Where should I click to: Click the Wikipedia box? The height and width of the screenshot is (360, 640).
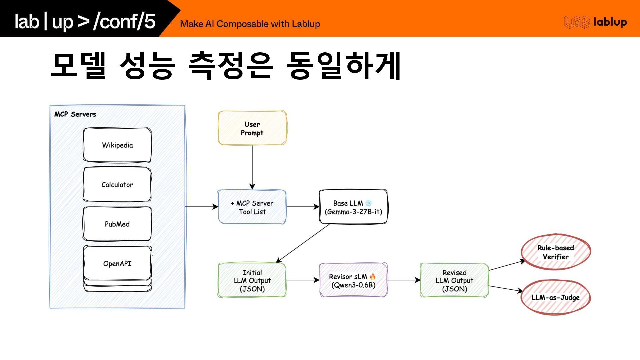(117, 145)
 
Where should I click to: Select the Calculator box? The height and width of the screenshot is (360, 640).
(117, 184)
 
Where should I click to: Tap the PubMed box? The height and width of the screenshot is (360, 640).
(117, 224)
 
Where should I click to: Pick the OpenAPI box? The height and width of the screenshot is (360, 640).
(117, 263)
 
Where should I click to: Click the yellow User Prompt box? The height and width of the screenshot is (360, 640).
(252, 128)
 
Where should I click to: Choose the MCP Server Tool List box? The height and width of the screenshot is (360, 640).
(252, 207)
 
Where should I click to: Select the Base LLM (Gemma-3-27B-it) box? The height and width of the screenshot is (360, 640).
(353, 207)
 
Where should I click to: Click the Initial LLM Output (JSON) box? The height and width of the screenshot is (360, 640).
(252, 280)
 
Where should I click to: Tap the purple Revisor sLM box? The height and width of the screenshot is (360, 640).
(353, 280)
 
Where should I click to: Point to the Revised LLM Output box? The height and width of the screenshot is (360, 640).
(454, 280)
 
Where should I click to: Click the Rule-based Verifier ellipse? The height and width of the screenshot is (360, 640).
(555, 252)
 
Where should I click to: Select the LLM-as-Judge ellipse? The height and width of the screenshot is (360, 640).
(555, 297)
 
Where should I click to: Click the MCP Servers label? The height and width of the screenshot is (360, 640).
(75, 114)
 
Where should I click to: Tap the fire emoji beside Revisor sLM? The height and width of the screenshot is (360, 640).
(373, 276)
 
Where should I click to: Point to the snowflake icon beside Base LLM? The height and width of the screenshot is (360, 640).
(368, 203)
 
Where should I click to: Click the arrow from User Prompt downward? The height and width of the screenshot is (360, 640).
(252, 167)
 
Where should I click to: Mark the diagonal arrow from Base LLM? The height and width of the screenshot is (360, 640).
(303, 243)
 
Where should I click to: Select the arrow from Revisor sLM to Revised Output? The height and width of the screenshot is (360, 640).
(404, 280)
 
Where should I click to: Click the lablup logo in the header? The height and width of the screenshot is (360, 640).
(595, 22)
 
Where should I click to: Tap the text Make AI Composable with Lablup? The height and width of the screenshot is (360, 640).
(250, 24)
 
